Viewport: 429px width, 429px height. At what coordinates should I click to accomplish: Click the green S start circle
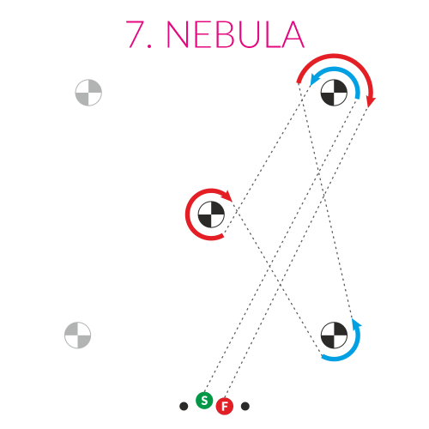click(204, 401)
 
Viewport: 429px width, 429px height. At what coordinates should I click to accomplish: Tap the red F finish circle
click(225, 406)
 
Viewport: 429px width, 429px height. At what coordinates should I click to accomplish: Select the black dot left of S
click(184, 406)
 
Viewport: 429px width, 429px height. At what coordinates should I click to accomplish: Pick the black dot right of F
click(245, 406)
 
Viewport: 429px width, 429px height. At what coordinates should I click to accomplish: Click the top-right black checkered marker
click(334, 93)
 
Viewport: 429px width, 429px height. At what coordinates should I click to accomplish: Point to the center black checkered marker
click(211, 214)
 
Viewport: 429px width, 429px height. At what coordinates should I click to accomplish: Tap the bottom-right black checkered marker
click(334, 335)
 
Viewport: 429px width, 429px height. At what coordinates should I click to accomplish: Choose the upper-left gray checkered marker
click(88, 93)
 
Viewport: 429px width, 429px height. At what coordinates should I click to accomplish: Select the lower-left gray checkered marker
click(77, 335)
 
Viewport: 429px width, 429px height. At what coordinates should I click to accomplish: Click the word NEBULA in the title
click(235, 34)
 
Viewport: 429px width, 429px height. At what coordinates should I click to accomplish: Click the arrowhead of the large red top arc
click(371, 102)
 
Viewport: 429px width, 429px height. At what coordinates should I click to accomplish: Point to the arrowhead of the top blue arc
click(314, 79)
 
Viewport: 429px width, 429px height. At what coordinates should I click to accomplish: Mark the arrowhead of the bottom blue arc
click(356, 323)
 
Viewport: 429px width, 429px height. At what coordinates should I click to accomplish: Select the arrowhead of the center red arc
click(227, 196)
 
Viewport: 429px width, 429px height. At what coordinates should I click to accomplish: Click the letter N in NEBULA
click(177, 34)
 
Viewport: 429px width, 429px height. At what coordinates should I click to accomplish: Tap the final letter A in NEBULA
click(293, 34)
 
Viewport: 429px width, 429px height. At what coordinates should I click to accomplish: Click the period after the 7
click(149, 45)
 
